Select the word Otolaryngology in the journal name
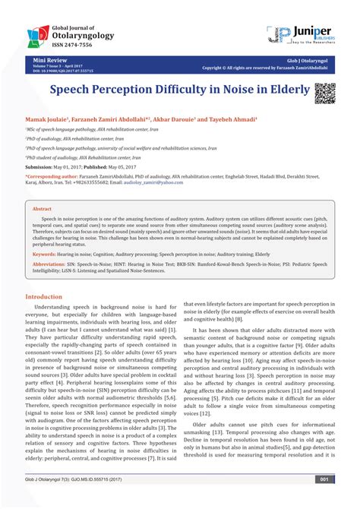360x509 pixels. [86, 33]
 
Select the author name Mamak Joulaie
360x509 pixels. [46, 120]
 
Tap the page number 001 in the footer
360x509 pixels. [324, 501]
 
